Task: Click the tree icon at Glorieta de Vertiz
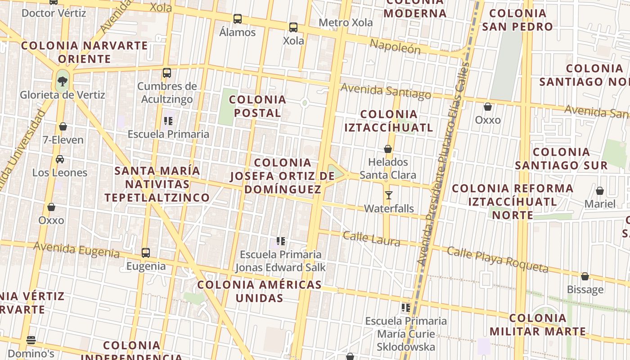62,81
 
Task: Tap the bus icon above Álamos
237,19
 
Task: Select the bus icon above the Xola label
293,27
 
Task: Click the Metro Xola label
346,22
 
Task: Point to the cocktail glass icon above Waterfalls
389,195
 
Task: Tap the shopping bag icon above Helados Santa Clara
388,148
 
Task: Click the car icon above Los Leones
59,159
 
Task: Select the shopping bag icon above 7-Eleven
63,126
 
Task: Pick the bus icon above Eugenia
146,253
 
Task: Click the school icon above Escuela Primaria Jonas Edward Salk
281,241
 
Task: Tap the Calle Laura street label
371,238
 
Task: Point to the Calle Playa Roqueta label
498,259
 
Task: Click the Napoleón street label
395,46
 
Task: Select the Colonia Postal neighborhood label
257,106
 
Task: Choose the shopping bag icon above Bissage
585,276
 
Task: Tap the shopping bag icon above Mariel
599,191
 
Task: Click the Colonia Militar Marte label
538,325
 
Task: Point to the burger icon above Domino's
31,340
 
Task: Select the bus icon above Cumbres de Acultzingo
167,72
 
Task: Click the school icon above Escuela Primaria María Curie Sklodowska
406,308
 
